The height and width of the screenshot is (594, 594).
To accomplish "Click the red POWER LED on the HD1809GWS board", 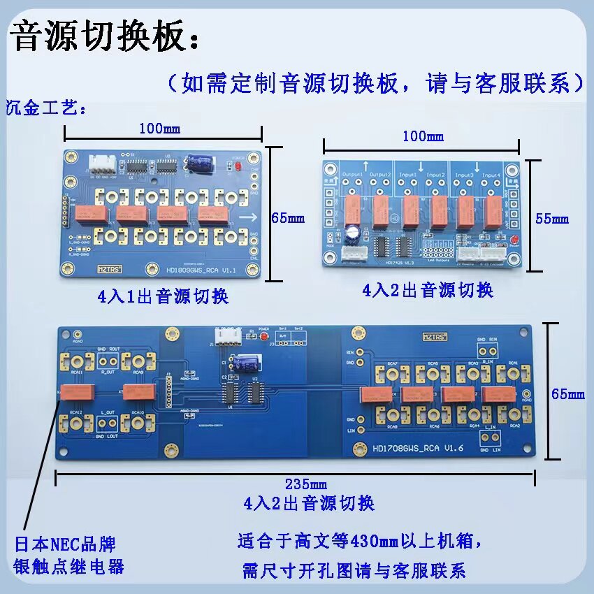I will coord(238,168).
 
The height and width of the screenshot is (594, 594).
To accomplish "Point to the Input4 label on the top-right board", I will coord(491,175).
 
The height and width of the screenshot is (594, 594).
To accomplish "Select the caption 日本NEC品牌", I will coord(65,544).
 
